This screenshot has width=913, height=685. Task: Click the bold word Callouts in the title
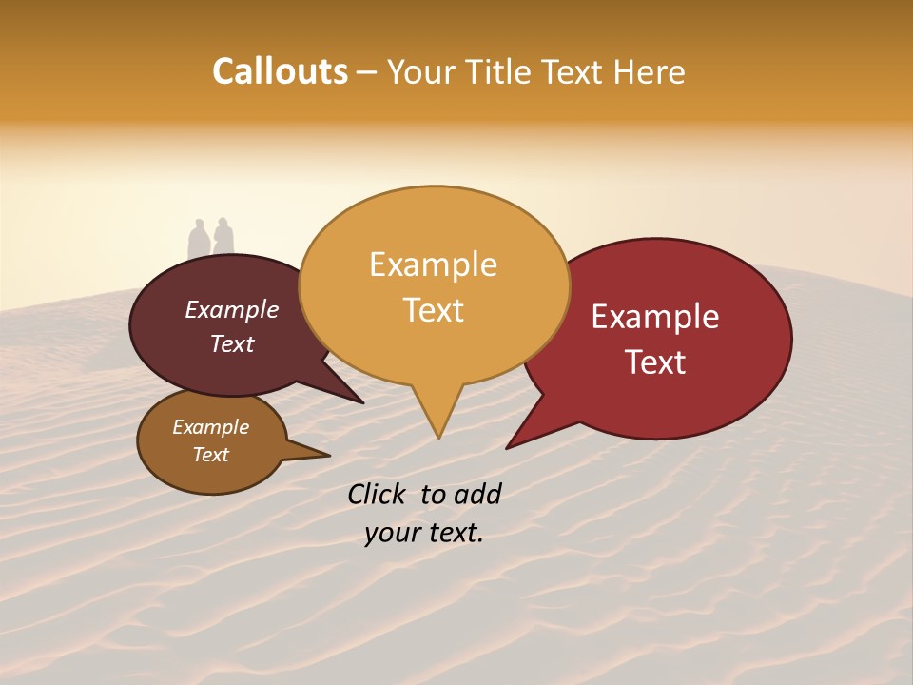[280, 71]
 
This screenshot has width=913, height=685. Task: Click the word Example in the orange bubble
[433, 264]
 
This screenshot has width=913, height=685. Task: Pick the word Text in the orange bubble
[433, 309]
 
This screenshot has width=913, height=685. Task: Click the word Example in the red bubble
[655, 317]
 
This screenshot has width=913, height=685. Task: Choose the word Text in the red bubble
[655, 362]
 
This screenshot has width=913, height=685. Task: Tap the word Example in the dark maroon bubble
[232, 309]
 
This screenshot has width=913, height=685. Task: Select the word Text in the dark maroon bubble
[232, 343]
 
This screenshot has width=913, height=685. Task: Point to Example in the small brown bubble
[210, 427]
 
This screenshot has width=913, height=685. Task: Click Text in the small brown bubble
[210, 455]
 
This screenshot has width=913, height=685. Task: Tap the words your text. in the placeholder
[423, 534]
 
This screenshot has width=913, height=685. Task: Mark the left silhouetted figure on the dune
[198, 240]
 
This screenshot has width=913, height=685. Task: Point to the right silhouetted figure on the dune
[223, 238]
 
